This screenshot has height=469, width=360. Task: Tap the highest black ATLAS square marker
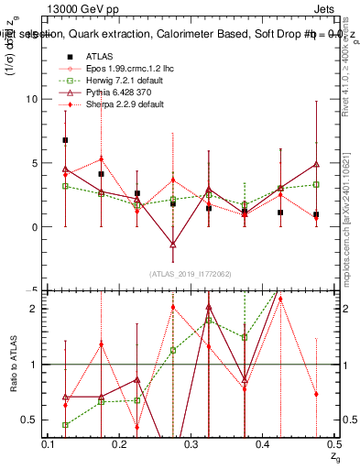tap(65, 140)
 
